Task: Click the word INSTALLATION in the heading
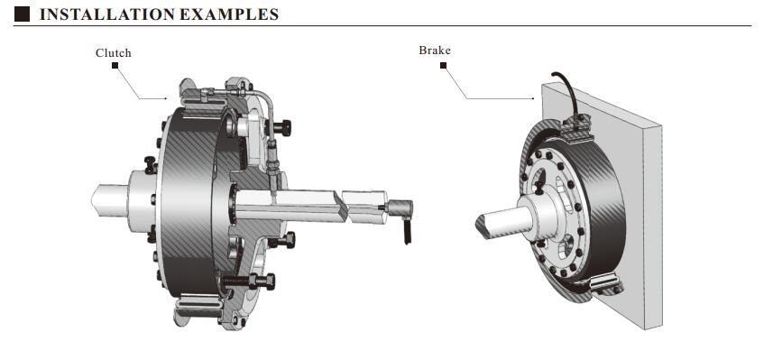[x=97, y=15]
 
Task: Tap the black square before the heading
[x=23, y=15]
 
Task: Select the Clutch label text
[x=114, y=53]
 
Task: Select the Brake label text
[x=434, y=51]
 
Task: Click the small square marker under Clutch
[x=114, y=66]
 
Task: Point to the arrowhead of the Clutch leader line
[x=167, y=97]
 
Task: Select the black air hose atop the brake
[x=567, y=90]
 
